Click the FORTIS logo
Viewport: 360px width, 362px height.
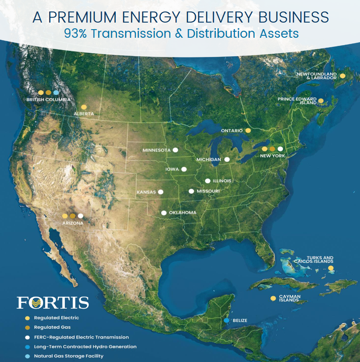click(x=53, y=303)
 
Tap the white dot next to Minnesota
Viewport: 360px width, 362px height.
click(x=175, y=150)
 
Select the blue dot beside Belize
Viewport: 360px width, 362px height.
click(x=226, y=320)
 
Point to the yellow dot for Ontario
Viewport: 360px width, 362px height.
click(x=248, y=131)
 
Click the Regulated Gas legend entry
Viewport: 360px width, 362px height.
click(x=52, y=327)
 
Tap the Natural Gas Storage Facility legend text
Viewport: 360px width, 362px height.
click(x=69, y=356)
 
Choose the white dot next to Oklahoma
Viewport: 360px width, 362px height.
click(x=164, y=213)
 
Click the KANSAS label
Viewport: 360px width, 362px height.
click(x=146, y=192)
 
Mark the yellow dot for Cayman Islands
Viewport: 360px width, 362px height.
click(x=273, y=298)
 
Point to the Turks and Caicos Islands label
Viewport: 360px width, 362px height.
click(x=314, y=259)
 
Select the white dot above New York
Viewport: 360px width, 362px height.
click(x=280, y=149)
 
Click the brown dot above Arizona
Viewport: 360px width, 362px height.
click(x=73, y=216)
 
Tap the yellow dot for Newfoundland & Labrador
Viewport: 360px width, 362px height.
click(x=342, y=76)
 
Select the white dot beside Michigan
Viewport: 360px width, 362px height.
click(x=227, y=159)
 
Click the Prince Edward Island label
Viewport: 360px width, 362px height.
click(x=297, y=101)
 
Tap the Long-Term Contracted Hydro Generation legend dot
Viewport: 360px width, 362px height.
click(x=28, y=346)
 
